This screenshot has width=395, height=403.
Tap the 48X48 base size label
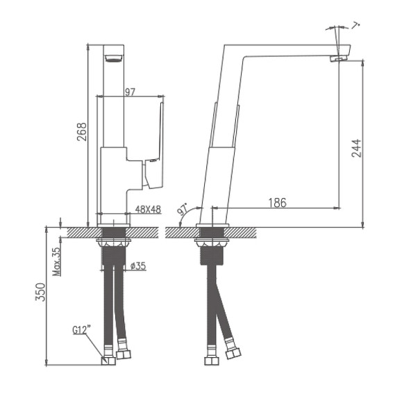147,208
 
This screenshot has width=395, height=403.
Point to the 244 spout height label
356,149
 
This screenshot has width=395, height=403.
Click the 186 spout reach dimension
277,203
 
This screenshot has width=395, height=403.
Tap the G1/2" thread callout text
82,331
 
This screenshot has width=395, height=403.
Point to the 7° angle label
356,26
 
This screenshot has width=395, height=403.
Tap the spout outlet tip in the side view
339,58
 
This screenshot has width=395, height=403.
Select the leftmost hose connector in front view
109,358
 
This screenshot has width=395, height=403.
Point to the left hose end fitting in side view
210,360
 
